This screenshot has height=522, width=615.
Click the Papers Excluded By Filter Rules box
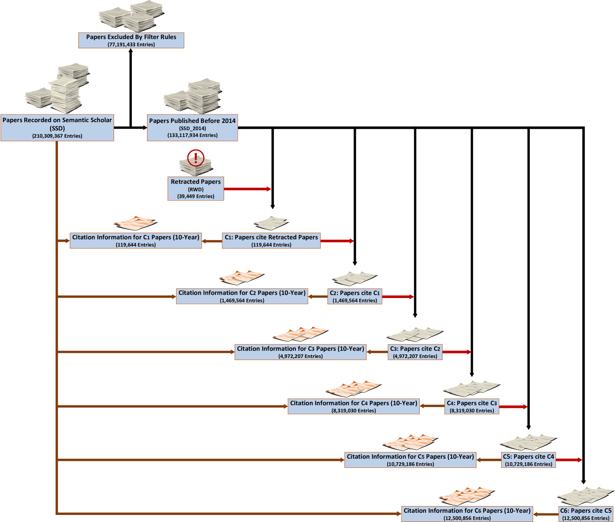[x=131, y=40]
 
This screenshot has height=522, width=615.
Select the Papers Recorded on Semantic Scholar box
[x=57, y=128]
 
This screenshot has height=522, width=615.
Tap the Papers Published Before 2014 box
[x=192, y=128]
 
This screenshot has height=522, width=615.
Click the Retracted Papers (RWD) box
[x=195, y=189]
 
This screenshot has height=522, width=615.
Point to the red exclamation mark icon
[x=195, y=158]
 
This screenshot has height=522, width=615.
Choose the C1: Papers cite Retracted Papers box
[x=271, y=241]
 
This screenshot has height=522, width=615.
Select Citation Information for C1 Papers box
[x=136, y=241]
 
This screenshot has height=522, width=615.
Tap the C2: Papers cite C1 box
[x=355, y=297]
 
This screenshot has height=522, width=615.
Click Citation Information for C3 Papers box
[x=300, y=352]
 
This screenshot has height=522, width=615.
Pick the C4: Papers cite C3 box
[x=472, y=406]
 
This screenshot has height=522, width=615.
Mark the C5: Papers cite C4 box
[x=528, y=460]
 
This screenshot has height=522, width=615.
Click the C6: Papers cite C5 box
[x=586, y=514]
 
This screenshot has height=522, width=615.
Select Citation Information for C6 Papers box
[x=467, y=514]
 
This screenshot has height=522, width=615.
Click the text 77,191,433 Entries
[x=131, y=44]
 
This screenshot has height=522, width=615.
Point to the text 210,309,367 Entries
[x=57, y=136]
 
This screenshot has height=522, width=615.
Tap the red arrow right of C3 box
[x=457, y=352]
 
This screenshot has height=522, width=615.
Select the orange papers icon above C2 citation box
[x=241, y=277]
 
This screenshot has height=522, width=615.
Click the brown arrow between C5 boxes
[x=489, y=460]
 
